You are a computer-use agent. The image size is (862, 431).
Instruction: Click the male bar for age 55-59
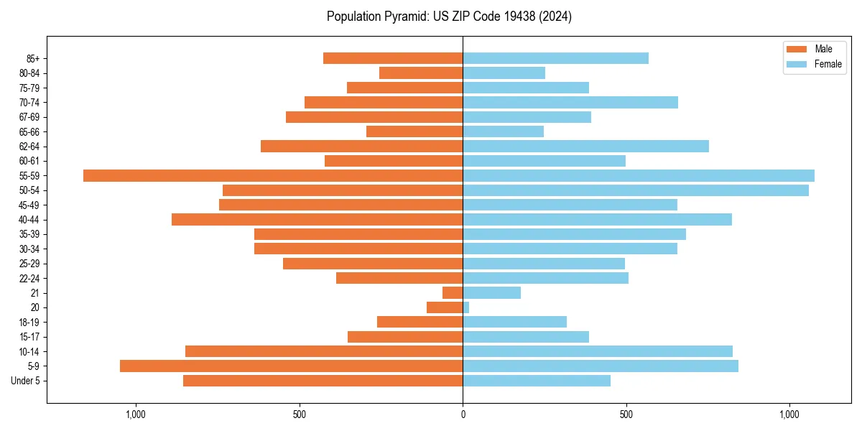[273, 175]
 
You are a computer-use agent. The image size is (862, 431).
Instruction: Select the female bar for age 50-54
[636, 190]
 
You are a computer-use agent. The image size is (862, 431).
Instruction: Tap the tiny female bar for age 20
[466, 307]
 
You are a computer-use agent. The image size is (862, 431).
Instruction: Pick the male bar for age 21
[453, 292]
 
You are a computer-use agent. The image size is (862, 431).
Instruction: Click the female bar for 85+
[555, 58]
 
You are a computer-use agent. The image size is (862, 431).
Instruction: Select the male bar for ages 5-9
[291, 366]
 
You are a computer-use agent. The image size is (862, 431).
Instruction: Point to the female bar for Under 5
[537, 381]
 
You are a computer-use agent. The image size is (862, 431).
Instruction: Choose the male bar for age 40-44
[317, 219]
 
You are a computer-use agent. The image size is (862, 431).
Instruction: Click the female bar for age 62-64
[585, 146]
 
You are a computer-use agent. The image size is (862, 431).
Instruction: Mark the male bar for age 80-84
[421, 73]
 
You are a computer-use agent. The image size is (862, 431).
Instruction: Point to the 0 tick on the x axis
[463, 414]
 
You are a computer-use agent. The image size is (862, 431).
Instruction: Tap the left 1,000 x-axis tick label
[136, 414]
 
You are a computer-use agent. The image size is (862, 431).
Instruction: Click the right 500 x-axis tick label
[626, 414]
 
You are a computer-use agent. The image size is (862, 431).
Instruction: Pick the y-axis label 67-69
[29, 117]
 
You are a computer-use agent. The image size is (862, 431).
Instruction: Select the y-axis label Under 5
[25, 381]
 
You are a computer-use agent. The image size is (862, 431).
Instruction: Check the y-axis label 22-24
[29, 278]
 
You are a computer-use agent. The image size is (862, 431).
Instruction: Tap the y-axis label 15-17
[29, 337]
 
